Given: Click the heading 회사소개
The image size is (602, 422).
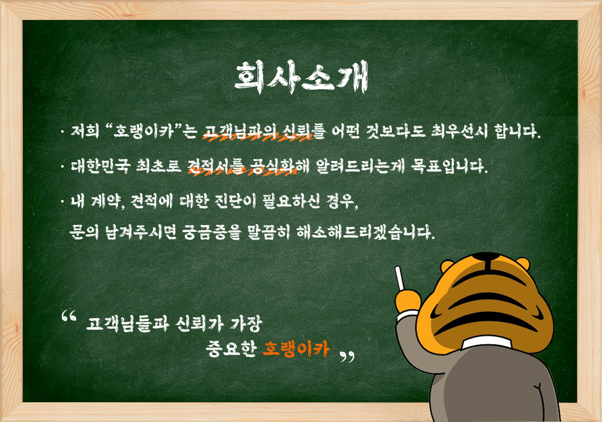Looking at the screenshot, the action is click(x=301, y=78).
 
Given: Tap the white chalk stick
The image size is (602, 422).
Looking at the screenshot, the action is click(x=400, y=278).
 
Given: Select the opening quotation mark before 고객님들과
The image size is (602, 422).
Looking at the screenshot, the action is click(x=69, y=316).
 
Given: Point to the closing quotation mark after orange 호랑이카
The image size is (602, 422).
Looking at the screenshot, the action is click(x=347, y=357).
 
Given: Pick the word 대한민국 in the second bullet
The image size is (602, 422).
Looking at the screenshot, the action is click(x=100, y=165).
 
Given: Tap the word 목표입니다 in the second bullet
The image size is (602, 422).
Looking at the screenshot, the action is click(x=449, y=165).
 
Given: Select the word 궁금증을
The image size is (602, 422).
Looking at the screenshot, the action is click(x=210, y=232).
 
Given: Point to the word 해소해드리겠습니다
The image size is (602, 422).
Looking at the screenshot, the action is click(x=366, y=232).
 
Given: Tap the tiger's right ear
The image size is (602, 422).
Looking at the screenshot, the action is click(x=523, y=263).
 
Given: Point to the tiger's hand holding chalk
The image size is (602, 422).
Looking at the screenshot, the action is click(x=408, y=301).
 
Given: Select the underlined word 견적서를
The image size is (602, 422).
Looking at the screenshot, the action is click(x=217, y=165).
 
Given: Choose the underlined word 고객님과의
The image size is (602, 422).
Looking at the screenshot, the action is click(x=240, y=131).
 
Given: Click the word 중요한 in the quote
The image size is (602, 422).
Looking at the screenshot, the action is click(x=231, y=349).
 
